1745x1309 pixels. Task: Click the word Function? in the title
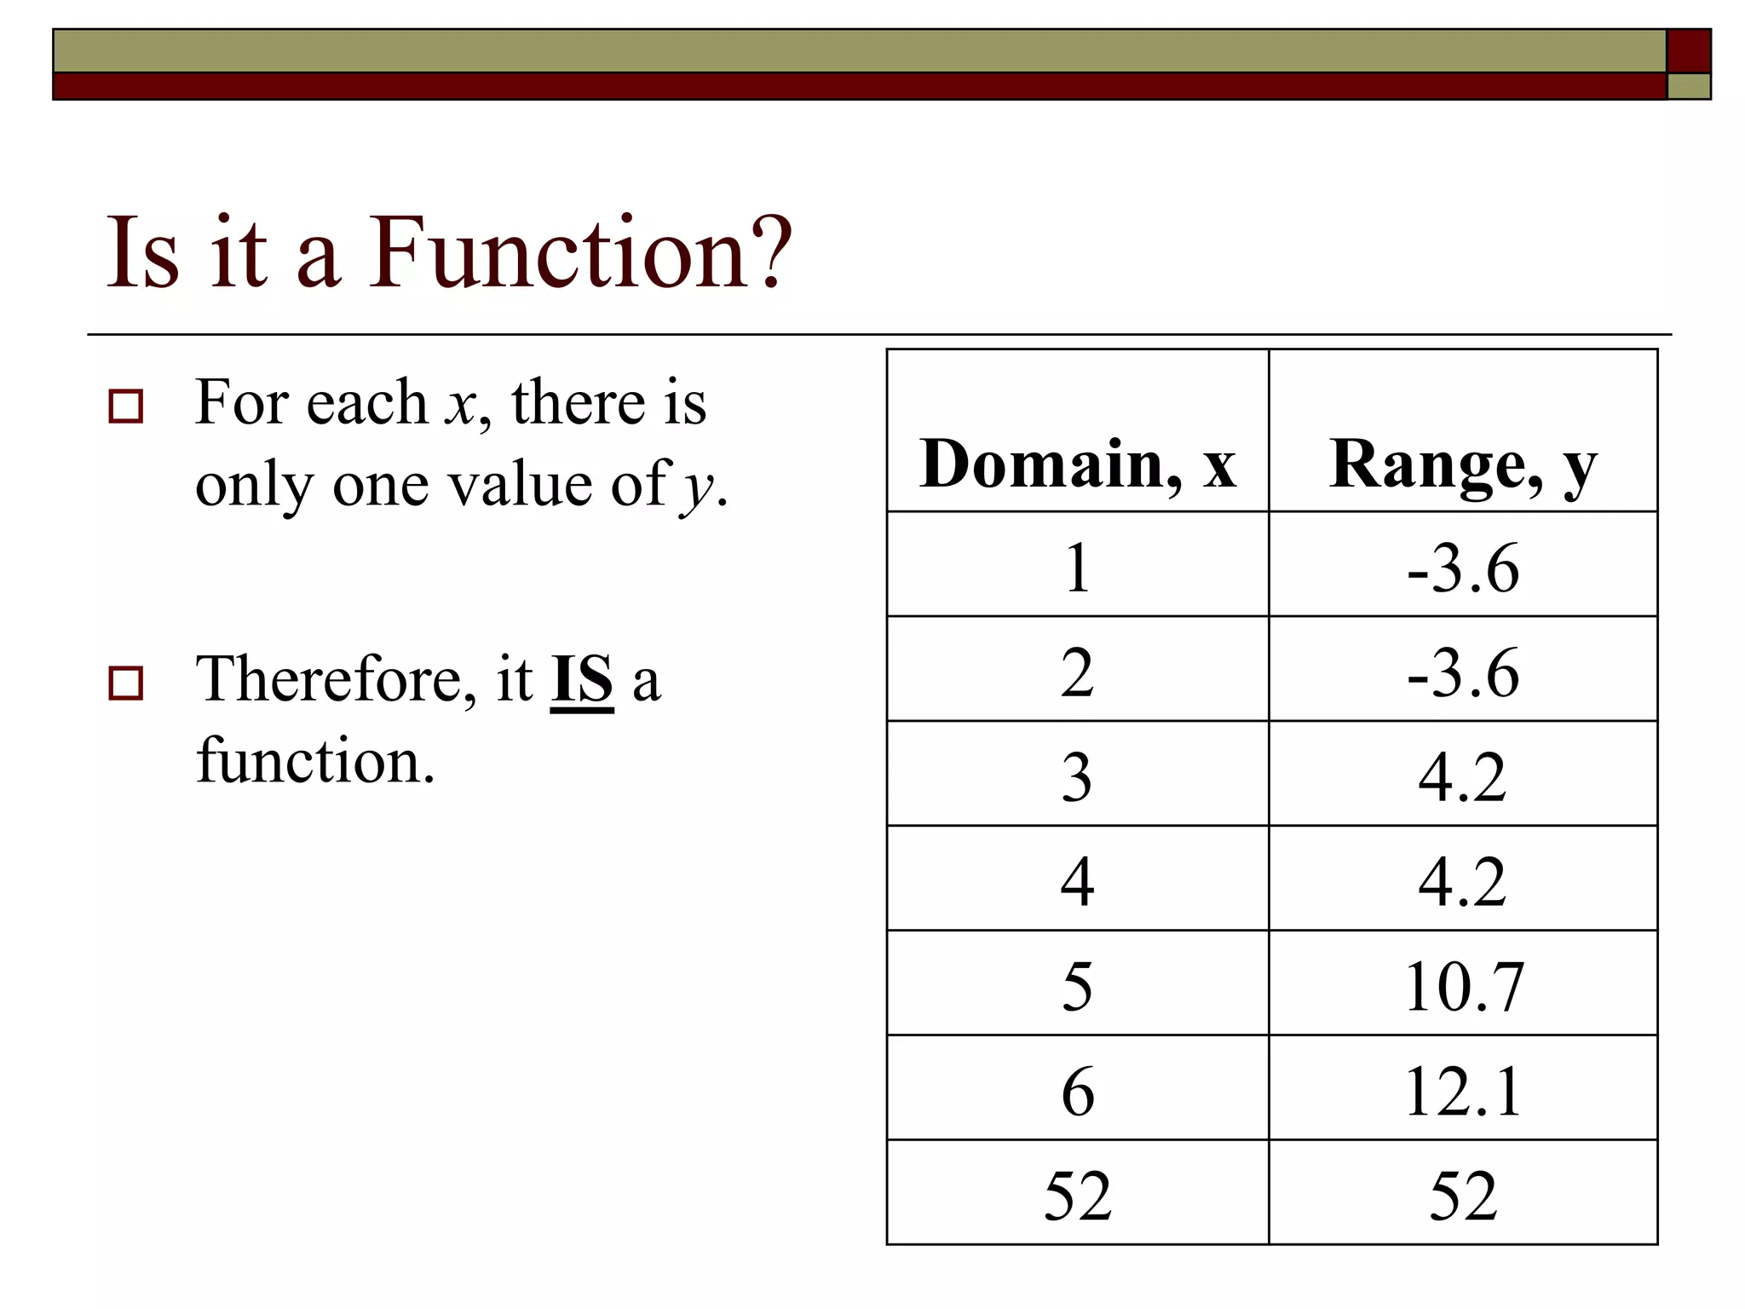[579, 252]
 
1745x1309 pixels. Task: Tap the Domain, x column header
[1077, 464]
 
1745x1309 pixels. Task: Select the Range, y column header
[1462, 464]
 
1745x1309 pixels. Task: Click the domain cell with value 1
[1077, 568]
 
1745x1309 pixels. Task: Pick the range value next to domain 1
[1462, 568]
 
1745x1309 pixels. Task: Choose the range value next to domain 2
[1462, 672]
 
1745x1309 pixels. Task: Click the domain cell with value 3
[1077, 777]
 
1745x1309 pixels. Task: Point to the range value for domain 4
[1462, 881]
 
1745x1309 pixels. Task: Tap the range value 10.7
[1462, 986]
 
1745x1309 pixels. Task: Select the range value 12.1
[1462, 1091]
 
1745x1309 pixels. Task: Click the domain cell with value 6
[1077, 1091]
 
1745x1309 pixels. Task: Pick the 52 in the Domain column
[1077, 1196]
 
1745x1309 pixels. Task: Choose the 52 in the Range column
[1462, 1196]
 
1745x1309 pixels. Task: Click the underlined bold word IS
[582, 680]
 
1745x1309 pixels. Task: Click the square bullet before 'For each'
[126, 407]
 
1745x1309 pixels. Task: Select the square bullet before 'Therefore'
[126, 683]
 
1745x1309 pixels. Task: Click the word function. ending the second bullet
[315, 760]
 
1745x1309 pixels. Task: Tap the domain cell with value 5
[1077, 986]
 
